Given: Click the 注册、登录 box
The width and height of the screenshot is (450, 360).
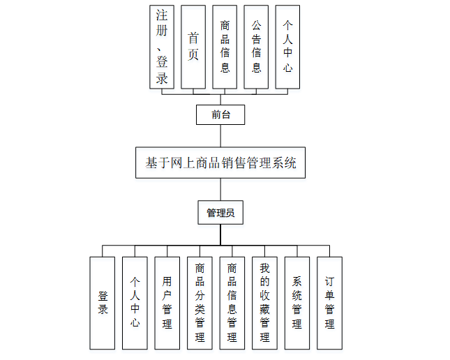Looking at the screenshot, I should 162,47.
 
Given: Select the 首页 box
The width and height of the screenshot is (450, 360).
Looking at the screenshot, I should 193,47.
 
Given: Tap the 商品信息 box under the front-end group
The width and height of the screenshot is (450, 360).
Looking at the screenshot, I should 225,47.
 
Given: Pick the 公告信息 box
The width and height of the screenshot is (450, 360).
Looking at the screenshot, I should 256,47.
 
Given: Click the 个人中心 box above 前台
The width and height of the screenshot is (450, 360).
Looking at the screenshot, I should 287,47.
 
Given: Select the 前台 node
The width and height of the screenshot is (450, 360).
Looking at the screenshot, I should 220,114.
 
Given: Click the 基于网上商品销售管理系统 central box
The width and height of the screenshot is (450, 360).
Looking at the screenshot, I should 220,163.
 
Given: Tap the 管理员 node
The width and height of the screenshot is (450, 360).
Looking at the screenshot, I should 220,213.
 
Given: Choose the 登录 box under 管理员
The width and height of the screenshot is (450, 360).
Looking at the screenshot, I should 103,303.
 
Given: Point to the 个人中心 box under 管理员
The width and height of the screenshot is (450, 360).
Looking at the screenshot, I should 135,303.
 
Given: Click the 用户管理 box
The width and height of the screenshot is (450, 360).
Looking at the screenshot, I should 167,303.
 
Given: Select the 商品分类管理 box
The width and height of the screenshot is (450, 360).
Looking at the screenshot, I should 200,303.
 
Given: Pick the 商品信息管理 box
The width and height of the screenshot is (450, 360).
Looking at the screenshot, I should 232,303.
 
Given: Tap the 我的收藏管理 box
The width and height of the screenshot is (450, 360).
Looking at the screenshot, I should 264,303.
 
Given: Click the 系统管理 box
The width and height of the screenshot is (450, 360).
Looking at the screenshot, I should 297,303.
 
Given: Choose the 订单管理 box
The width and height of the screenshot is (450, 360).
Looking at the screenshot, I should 329,303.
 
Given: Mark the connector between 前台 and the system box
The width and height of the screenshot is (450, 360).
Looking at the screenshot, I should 220,135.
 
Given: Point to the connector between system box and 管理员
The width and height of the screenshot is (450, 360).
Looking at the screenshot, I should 220,190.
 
